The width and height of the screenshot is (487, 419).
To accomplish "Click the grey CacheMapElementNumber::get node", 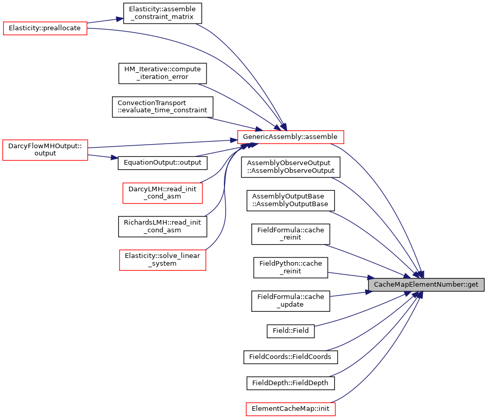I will [426, 285].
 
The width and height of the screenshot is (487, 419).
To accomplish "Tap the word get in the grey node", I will [473, 285].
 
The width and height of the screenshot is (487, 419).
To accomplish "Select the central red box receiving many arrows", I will [290, 137].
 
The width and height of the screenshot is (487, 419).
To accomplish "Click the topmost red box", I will [45, 29].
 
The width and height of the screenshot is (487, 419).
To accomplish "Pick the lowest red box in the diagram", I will [290, 409].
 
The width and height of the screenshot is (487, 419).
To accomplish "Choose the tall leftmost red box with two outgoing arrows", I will [45, 150].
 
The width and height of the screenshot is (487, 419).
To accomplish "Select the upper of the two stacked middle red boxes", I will [162, 193].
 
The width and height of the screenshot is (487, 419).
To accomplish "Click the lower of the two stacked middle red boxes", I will [162, 260].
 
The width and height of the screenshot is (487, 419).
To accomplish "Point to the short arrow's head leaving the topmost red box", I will [120, 19].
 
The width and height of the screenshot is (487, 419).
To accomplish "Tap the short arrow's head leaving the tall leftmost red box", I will [115, 158].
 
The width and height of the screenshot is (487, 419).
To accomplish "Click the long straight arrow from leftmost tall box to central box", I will [159, 144].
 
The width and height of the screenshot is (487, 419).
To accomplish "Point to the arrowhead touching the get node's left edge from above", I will [371, 277].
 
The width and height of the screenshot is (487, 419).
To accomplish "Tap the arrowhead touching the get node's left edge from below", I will [368, 292].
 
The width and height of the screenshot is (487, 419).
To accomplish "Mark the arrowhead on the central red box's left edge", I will [234, 139].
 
